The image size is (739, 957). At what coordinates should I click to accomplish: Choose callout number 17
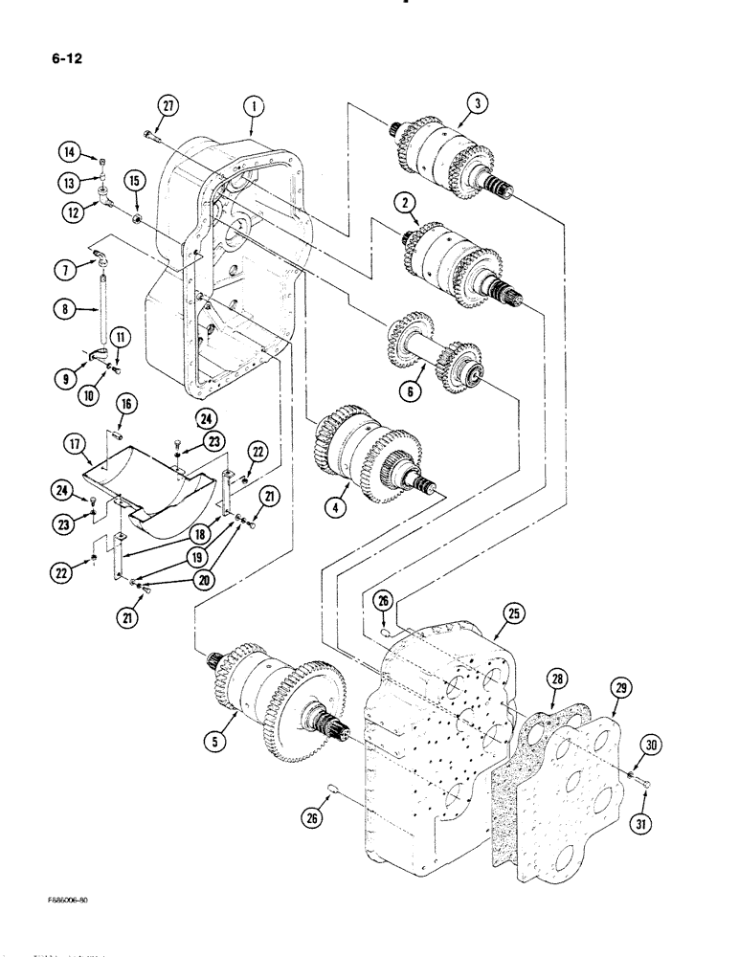click(x=76, y=443)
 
